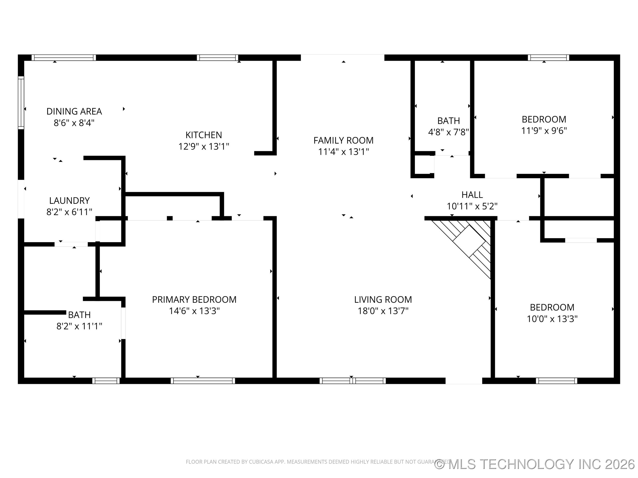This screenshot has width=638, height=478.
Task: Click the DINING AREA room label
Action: click(74, 111)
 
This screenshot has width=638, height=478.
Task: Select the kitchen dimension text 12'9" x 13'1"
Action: click(204, 146)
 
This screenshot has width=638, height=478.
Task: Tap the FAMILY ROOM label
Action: click(343, 140)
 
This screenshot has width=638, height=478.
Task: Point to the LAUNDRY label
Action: click(69, 200)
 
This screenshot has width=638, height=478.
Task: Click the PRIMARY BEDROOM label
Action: click(194, 300)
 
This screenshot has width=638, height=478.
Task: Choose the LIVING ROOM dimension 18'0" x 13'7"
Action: click(383, 311)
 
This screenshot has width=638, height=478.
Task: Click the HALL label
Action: click(472, 195)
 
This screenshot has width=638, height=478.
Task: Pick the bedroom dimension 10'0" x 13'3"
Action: click(552, 319)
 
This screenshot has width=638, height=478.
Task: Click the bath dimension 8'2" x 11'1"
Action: click(79, 326)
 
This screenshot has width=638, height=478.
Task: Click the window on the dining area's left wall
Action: click(21, 103)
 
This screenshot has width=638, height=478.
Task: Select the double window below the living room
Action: click(352, 381)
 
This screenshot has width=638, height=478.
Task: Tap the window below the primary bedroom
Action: click(203, 381)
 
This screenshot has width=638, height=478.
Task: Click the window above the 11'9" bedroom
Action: click(548, 57)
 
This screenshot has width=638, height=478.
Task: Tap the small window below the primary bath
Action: click(106, 381)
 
